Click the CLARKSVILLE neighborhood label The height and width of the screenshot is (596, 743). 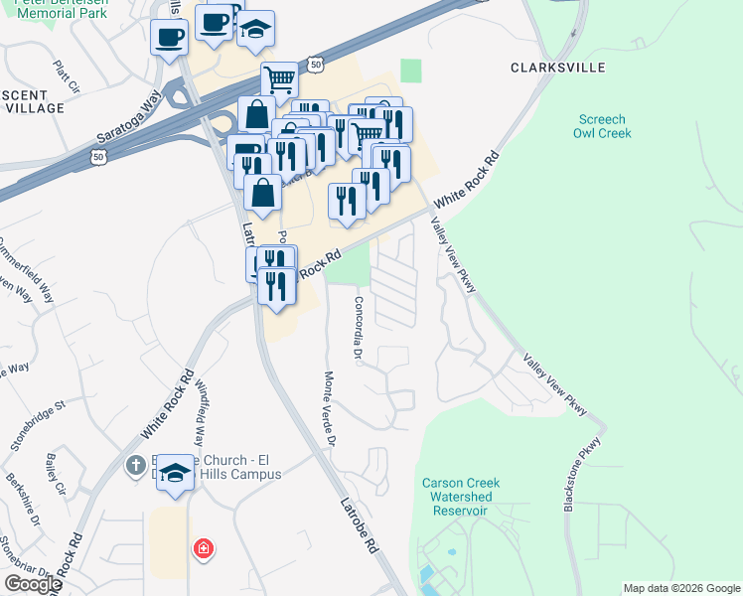pyautogui.click(x=556, y=69)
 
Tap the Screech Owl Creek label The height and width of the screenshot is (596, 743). pyautogui.click(x=604, y=126)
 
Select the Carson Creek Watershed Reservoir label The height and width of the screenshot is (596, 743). pyautogui.click(x=461, y=497)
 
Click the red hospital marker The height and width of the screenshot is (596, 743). pyautogui.click(x=203, y=548)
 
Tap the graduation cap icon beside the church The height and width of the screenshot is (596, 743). pyautogui.click(x=176, y=474)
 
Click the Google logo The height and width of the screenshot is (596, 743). pyautogui.click(x=33, y=583)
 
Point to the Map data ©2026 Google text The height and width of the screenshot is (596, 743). pyautogui.click(x=681, y=588)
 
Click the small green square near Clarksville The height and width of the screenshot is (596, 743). pyautogui.click(x=411, y=71)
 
